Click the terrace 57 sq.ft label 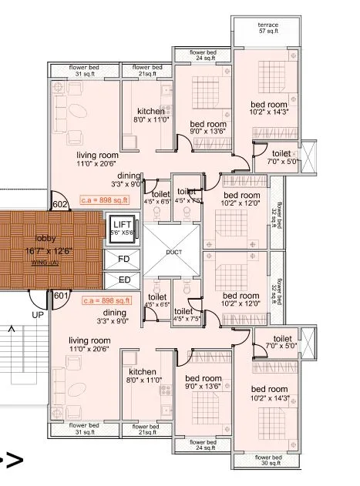(268, 28)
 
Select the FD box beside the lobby (124, 258)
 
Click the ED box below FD (124, 279)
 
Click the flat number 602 (60, 205)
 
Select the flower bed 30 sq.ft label (268, 461)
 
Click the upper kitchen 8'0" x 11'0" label (150, 116)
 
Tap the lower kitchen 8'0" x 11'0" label (144, 376)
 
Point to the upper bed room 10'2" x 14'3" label (269, 109)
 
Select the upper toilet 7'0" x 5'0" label (282, 158)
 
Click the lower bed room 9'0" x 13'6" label (204, 382)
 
